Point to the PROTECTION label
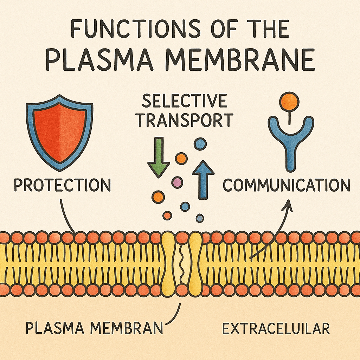point(62,185)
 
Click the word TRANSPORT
point(184,120)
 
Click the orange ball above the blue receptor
point(289,102)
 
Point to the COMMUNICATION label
point(287,185)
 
